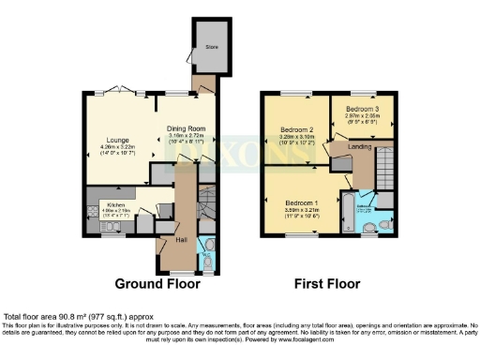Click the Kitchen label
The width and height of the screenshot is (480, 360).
115,203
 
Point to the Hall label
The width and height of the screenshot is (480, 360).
182,239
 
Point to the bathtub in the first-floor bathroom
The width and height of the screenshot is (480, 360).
347,213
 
